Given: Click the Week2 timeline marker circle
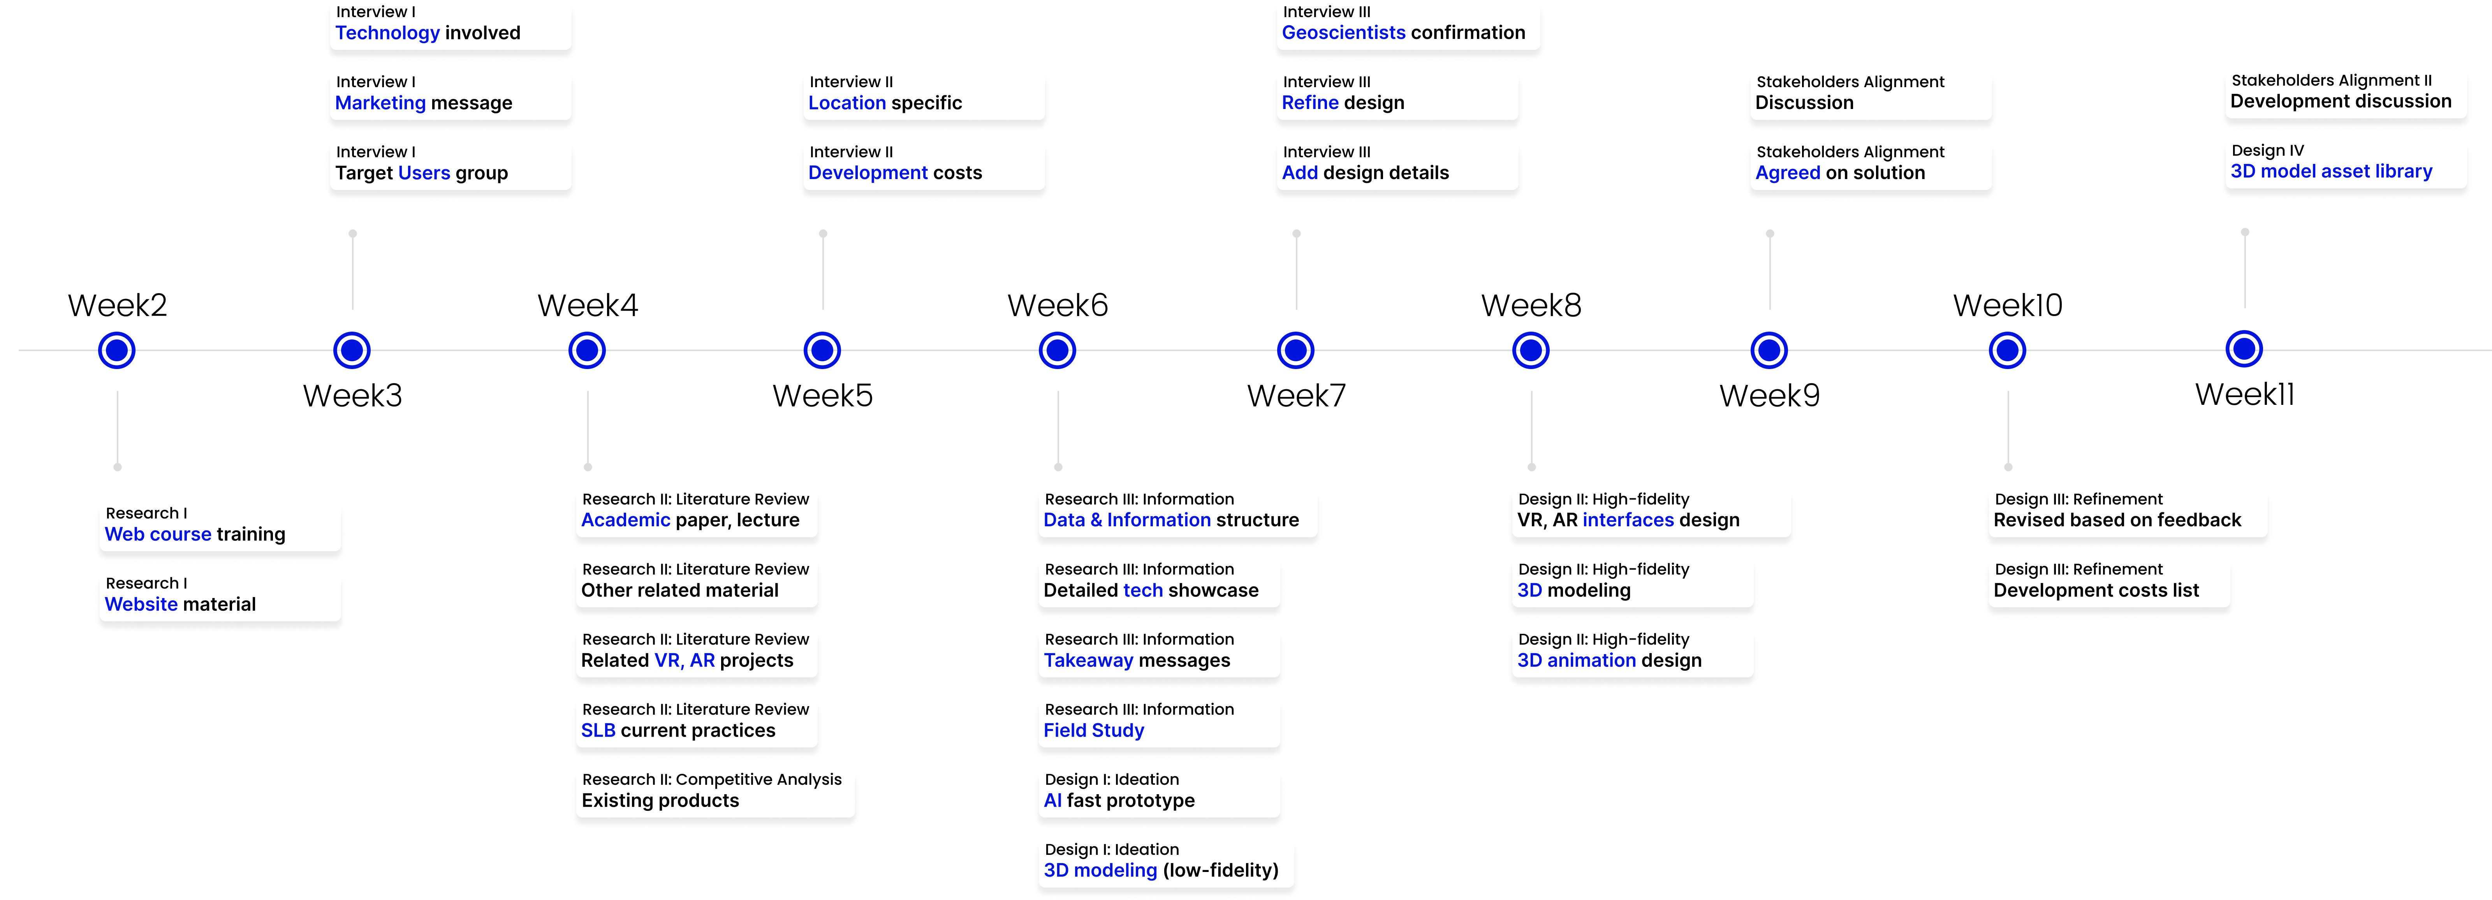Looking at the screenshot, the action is pos(117,350).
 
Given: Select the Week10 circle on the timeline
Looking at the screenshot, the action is pos(2007,350).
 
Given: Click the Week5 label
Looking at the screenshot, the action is pos(822,396).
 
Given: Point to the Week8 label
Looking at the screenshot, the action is pos(1531,306).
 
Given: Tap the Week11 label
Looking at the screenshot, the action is pos(2244,394).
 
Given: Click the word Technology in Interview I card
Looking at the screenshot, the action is pos(387,33).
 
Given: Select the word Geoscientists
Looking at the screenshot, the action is pos(1344,33).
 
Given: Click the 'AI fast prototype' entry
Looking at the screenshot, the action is pos(1119,800).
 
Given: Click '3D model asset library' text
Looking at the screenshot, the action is pos(2332,171).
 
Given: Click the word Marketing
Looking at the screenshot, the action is pos(380,102).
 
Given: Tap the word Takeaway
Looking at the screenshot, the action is pos(1088,660).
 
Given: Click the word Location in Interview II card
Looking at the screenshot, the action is pos(847,102).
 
